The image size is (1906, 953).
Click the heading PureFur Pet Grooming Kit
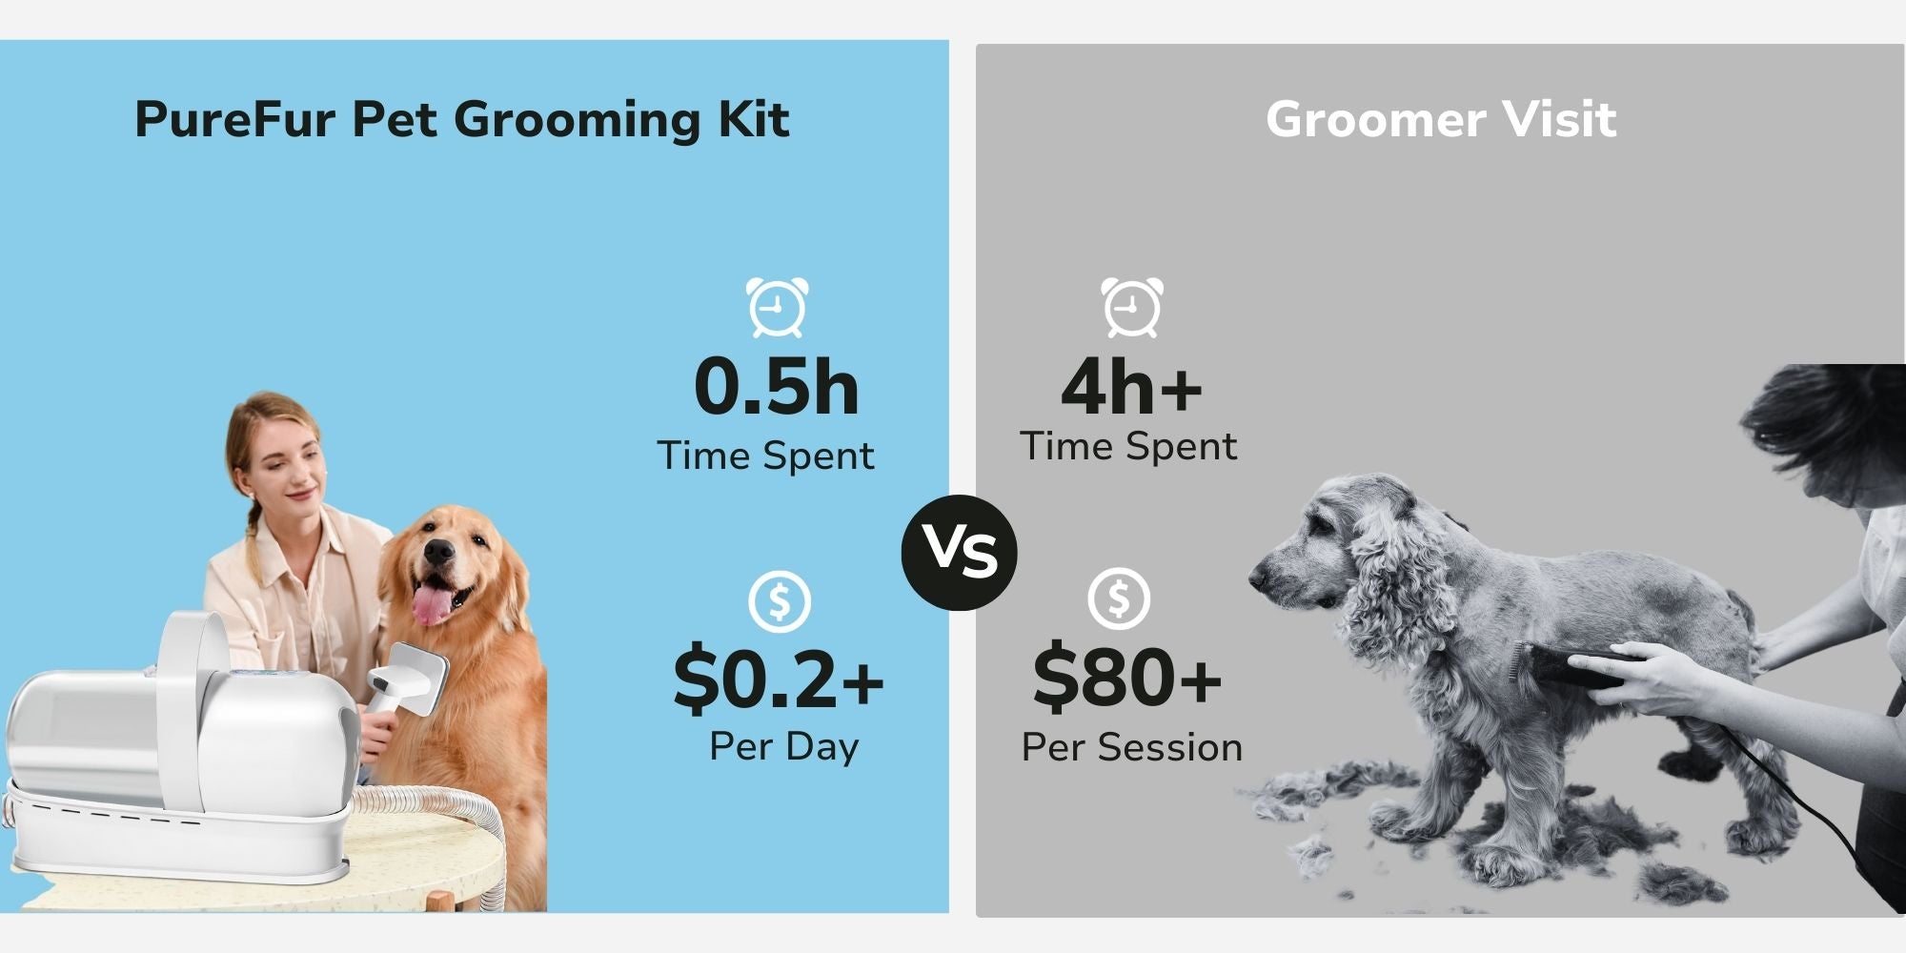coord(462,120)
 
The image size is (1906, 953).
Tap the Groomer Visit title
coord(1441,120)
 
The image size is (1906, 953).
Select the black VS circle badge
coord(960,553)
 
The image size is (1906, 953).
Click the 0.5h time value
coord(777,387)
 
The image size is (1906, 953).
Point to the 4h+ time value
coord(1132,387)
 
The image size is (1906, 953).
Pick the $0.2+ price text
coord(779,679)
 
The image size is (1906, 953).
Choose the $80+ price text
coord(1127,677)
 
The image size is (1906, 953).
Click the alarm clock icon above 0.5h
coord(777,307)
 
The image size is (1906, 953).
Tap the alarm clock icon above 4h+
coord(1132,307)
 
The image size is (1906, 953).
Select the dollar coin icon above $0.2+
coord(780,601)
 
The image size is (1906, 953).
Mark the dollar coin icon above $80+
coord(1119,598)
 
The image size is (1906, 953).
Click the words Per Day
coord(784,746)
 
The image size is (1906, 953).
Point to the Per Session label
coord(1132,747)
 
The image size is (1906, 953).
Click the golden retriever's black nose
coord(439,552)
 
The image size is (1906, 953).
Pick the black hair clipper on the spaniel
coord(1563,665)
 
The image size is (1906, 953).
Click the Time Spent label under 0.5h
coord(765,456)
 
